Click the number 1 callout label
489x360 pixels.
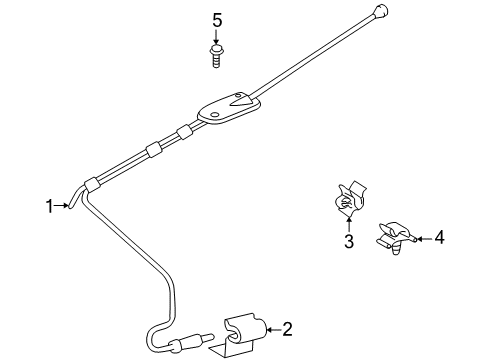48,206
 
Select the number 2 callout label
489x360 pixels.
287,327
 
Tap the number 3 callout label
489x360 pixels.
348,241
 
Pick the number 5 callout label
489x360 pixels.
215,19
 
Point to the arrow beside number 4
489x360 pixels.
419,238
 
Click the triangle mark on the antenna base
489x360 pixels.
242,100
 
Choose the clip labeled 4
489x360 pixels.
394,238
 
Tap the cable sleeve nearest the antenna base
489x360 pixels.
183,132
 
